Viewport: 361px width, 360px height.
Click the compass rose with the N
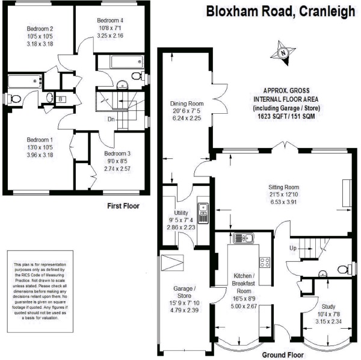click(284, 53)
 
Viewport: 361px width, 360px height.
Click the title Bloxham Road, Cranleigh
click(280, 11)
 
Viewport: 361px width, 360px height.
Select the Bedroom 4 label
click(110, 20)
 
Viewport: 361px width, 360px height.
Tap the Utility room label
click(180, 213)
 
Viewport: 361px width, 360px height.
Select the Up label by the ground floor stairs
click(293, 248)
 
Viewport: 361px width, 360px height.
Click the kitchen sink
click(244, 238)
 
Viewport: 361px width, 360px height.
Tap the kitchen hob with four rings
click(264, 262)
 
